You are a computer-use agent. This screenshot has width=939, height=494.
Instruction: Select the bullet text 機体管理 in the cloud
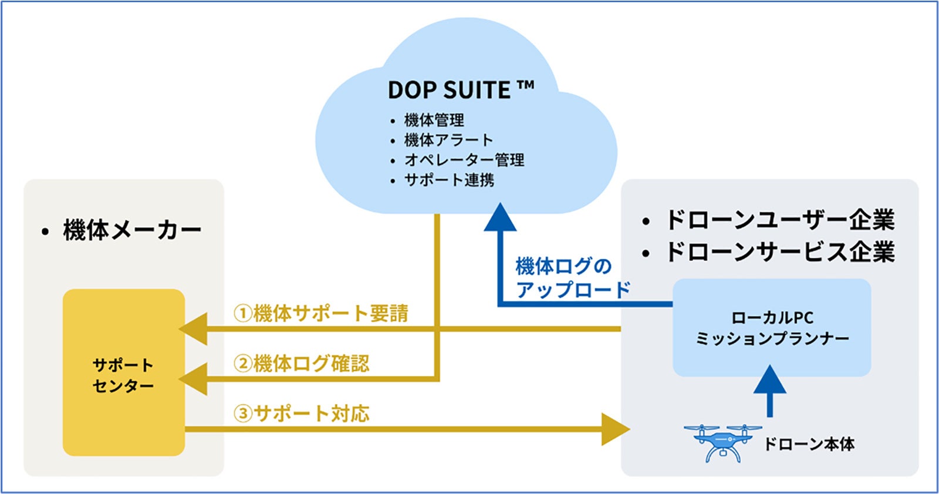coord(434,120)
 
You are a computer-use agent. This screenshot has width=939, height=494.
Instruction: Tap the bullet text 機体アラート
coord(448,140)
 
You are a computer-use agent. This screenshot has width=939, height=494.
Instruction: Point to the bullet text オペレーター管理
coord(464,160)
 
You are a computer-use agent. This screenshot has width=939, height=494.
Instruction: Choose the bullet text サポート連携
coord(449,180)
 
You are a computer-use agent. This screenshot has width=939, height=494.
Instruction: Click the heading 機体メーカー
coord(132,230)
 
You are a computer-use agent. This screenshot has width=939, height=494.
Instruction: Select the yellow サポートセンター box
coord(124,372)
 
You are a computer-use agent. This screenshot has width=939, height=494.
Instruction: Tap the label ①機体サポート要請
coord(321,313)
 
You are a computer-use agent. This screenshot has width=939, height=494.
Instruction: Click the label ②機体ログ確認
coord(302,364)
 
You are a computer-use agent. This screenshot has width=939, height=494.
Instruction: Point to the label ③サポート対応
coord(302,414)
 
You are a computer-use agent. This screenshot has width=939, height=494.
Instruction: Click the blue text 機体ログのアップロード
coord(572,278)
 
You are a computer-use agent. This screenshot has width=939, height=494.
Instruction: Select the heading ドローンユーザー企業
coord(779,220)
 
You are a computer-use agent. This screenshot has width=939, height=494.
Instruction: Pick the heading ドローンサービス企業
coord(779,252)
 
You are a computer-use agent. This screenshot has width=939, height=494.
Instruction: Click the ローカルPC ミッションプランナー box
coord(772,328)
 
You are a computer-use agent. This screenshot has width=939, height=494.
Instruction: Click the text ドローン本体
coord(809,444)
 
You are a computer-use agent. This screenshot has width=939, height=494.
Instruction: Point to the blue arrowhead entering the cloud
coord(500,218)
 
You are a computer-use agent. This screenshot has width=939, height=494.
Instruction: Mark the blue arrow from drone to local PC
coord(769,390)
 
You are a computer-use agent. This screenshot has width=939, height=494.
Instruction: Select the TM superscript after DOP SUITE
coord(526,86)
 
